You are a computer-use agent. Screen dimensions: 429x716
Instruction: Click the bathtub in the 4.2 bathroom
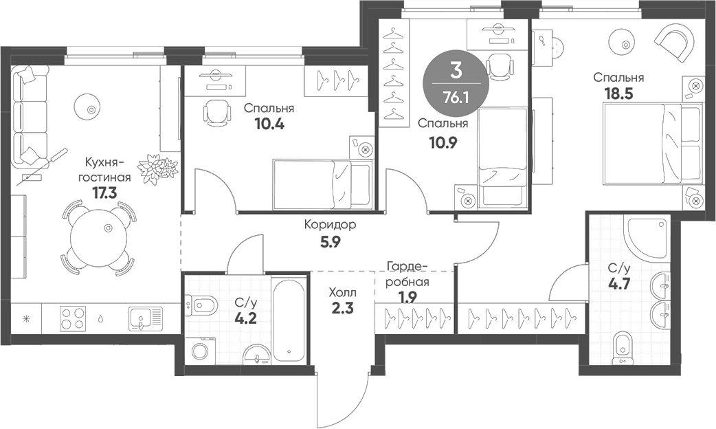coord(288,320)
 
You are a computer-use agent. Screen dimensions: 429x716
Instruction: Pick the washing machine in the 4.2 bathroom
coord(200,351)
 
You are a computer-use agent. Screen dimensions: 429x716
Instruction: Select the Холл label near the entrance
coord(343,291)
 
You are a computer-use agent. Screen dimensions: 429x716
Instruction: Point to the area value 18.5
coord(618,93)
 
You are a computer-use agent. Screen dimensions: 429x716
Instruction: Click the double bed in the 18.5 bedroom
coord(653,143)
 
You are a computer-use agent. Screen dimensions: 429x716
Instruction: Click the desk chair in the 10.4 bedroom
coord(216,111)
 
